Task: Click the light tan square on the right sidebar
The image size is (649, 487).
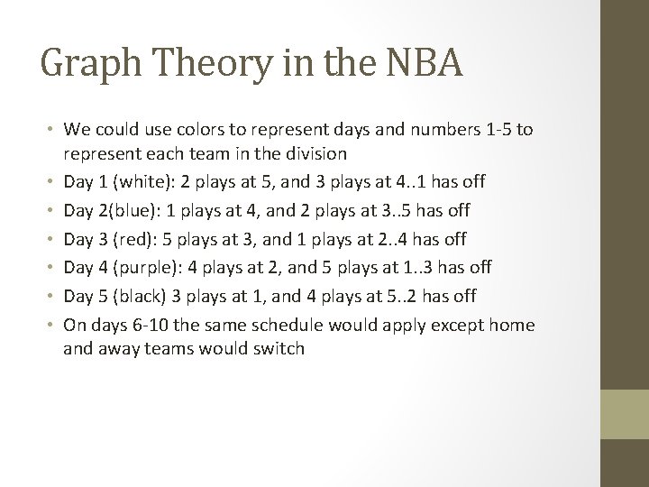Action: (x=625, y=414)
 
